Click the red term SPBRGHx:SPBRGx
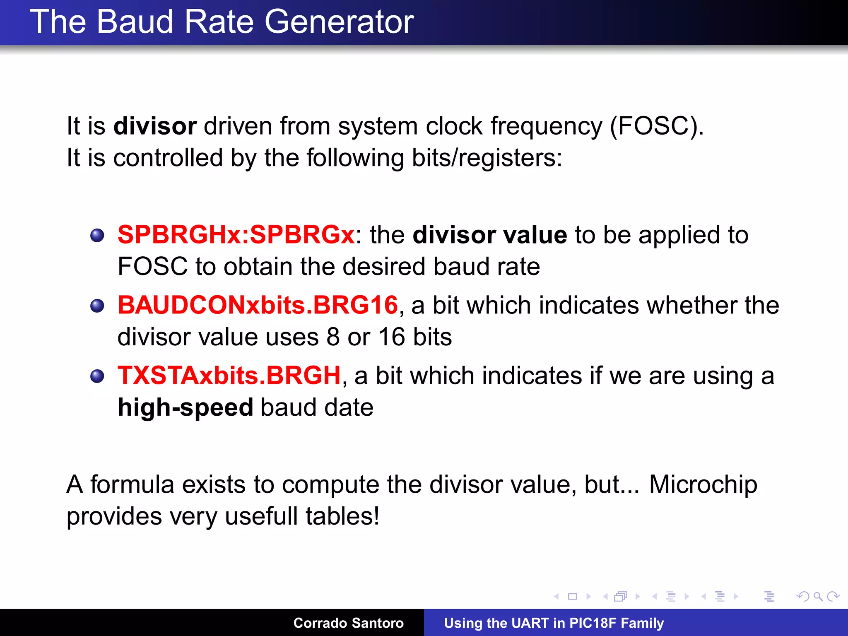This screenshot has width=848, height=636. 236,235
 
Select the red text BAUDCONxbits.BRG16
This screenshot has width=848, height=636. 258,305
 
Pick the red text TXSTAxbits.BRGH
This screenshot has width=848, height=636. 229,376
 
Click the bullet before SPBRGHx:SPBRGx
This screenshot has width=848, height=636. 97,236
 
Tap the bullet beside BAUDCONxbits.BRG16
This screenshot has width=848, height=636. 97,306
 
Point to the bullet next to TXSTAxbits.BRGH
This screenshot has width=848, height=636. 97,376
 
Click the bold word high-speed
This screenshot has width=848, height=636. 185,407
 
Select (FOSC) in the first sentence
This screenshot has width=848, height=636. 656,126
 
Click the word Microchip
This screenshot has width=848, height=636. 703,484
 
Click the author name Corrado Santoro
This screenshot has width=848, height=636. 348,623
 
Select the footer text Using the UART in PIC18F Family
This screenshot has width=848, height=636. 554,623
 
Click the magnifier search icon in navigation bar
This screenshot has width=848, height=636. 818,597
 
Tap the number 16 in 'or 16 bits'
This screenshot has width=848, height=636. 391,337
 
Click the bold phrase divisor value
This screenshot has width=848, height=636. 490,235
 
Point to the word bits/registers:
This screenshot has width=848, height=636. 487,158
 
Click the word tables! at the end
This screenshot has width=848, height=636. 342,516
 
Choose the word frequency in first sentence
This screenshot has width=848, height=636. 546,126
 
